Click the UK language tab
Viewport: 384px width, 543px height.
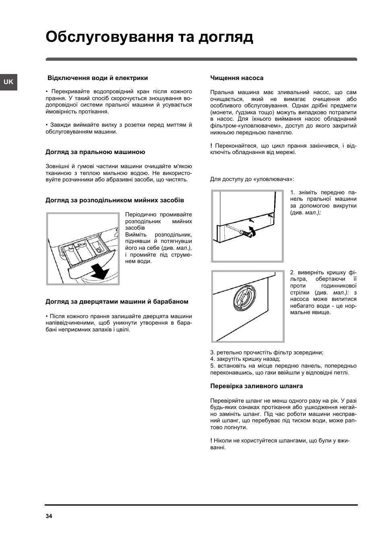coord(8,82)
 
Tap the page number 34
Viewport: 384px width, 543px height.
coord(49,516)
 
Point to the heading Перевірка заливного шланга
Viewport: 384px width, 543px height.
coord(256,386)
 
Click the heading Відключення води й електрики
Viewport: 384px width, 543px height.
coord(98,78)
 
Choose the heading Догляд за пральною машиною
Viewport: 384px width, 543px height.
coord(95,152)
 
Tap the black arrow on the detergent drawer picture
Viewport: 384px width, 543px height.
coord(99,271)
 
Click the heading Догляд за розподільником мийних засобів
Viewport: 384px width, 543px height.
coord(115,200)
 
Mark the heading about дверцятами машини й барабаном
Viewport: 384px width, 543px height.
coord(117,302)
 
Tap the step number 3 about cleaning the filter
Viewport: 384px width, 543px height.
coord(212,352)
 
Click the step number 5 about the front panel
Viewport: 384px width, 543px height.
coord(212,366)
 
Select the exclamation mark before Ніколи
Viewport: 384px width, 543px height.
coord(211,441)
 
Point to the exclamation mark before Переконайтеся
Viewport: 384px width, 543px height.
coord(211,146)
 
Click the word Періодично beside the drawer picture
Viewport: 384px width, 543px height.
coord(140,215)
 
